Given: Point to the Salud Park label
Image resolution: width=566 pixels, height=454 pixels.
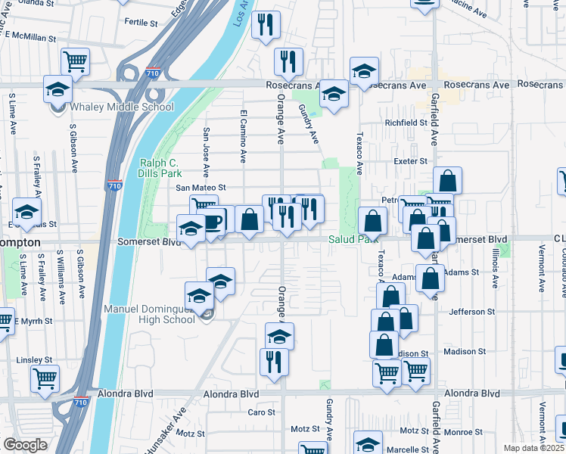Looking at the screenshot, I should pyautogui.click(x=352, y=239).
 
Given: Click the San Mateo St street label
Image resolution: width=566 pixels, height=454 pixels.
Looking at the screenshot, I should pyautogui.click(x=201, y=187).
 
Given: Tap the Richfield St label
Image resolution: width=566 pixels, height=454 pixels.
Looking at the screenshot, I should pyautogui.click(x=406, y=123).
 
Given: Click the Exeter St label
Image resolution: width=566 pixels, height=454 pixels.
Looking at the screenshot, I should pyautogui.click(x=411, y=161).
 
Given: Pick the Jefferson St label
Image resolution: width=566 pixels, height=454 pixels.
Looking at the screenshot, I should pyautogui.click(x=471, y=311).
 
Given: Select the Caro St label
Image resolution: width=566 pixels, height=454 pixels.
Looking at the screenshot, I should pyautogui.click(x=262, y=412).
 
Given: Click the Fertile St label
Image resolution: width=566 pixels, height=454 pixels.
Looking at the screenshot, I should pyautogui.click(x=140, y=23).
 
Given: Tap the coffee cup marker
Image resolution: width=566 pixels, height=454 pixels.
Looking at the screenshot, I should pyautogui.click(x=213, y=221).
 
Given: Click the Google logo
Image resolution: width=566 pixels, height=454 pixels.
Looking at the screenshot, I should pyautogui.click(x=25, y=445).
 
